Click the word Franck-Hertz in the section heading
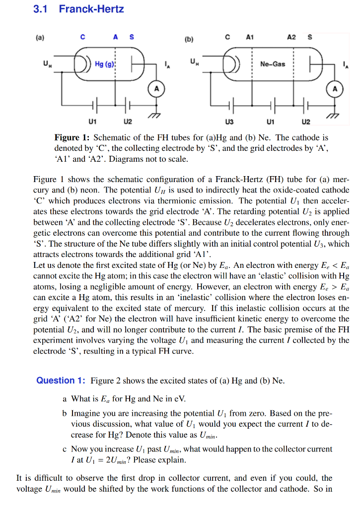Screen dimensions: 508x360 tap(91, 9)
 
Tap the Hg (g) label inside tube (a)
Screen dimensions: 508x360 tap(105, 65)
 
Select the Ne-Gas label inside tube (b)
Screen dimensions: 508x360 tap(273, 64)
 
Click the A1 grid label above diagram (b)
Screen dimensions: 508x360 tap(250, 36)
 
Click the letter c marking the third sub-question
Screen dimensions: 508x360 tap(65, 449)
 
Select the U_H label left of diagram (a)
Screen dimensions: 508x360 tap(46, 63)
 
